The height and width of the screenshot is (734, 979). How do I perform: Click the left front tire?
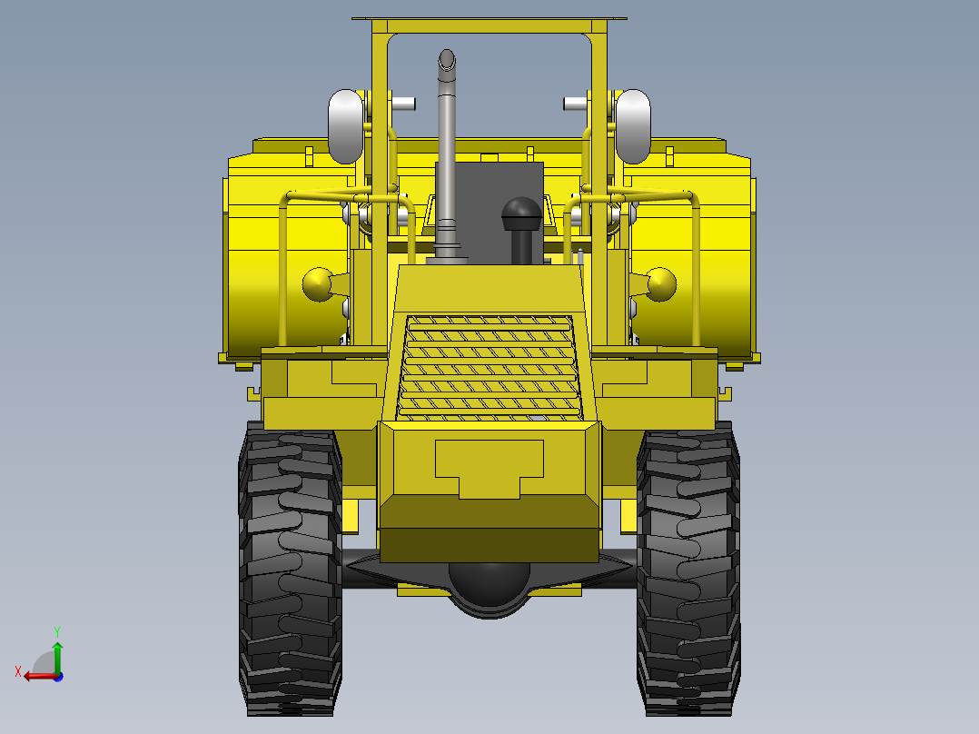(291, 570)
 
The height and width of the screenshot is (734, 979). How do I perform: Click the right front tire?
(688, 570)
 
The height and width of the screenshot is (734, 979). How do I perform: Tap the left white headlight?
(346, 127)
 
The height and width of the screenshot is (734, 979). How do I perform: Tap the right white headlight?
(633, 127)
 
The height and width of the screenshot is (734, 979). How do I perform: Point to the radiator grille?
(489, 367)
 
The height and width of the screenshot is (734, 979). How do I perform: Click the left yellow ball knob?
(318, 284)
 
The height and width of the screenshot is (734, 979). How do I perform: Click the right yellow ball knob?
(661, 284)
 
